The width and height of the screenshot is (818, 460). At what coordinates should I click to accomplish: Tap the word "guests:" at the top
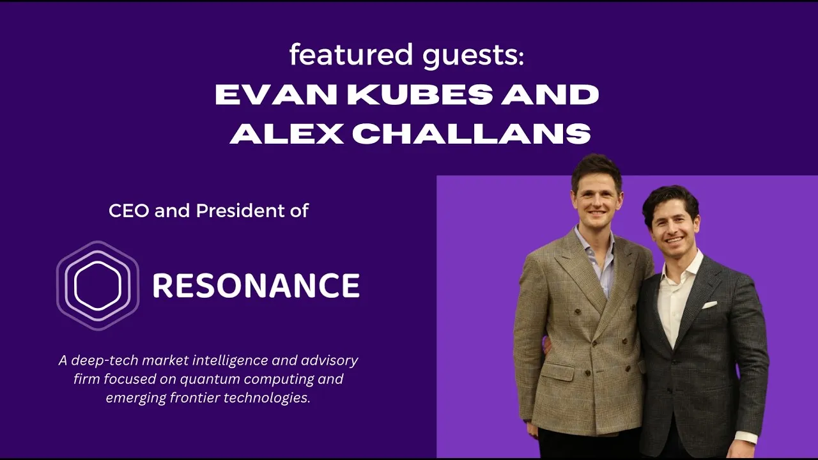tap(472, 56)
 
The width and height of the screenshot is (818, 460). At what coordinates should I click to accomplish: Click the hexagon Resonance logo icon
tap(97, 285)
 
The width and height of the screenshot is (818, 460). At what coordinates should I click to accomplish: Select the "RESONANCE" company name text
tap(256, 286)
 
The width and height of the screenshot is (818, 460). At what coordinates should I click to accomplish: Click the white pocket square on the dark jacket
tap(709, 305)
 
